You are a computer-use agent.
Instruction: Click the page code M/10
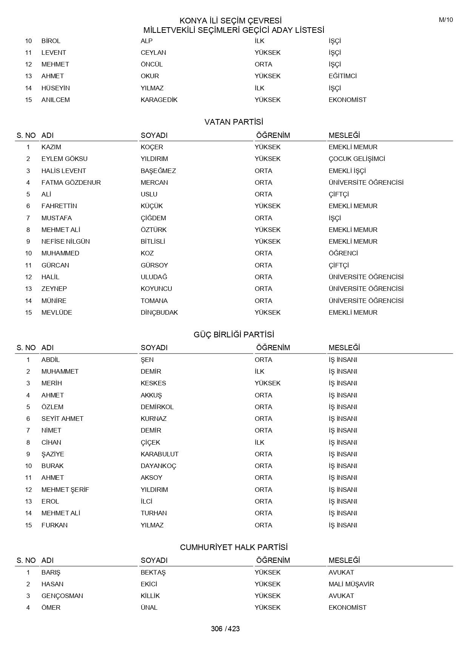point(446,20)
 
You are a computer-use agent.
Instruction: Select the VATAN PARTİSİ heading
point(234,122)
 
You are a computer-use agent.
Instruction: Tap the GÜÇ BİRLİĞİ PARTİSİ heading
point(234,335)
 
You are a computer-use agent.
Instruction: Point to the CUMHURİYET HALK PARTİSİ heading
point(234,547)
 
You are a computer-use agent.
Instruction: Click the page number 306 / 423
point(225,629)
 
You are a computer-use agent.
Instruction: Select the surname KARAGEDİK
point(159,100)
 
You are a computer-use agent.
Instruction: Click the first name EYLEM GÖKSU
point(64,159)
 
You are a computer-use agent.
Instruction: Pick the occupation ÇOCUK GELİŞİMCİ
point(357,159)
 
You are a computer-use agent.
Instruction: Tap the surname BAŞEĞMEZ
point(158,171)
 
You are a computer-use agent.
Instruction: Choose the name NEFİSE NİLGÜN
point(65,241)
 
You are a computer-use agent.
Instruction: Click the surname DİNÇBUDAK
point(159,312)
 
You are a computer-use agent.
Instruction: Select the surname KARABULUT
point(159,454)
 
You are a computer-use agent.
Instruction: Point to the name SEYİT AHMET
point(62,419)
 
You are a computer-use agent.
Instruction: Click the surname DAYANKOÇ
point(158,466)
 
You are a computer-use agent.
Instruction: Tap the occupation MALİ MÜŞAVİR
point(351,584)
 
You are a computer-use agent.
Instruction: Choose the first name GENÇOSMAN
point(62,596)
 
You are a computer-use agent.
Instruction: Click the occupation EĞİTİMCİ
point(342,76)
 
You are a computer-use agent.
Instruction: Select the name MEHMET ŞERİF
point(65,490)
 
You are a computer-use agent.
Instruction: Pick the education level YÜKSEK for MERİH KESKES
point(268,383)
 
